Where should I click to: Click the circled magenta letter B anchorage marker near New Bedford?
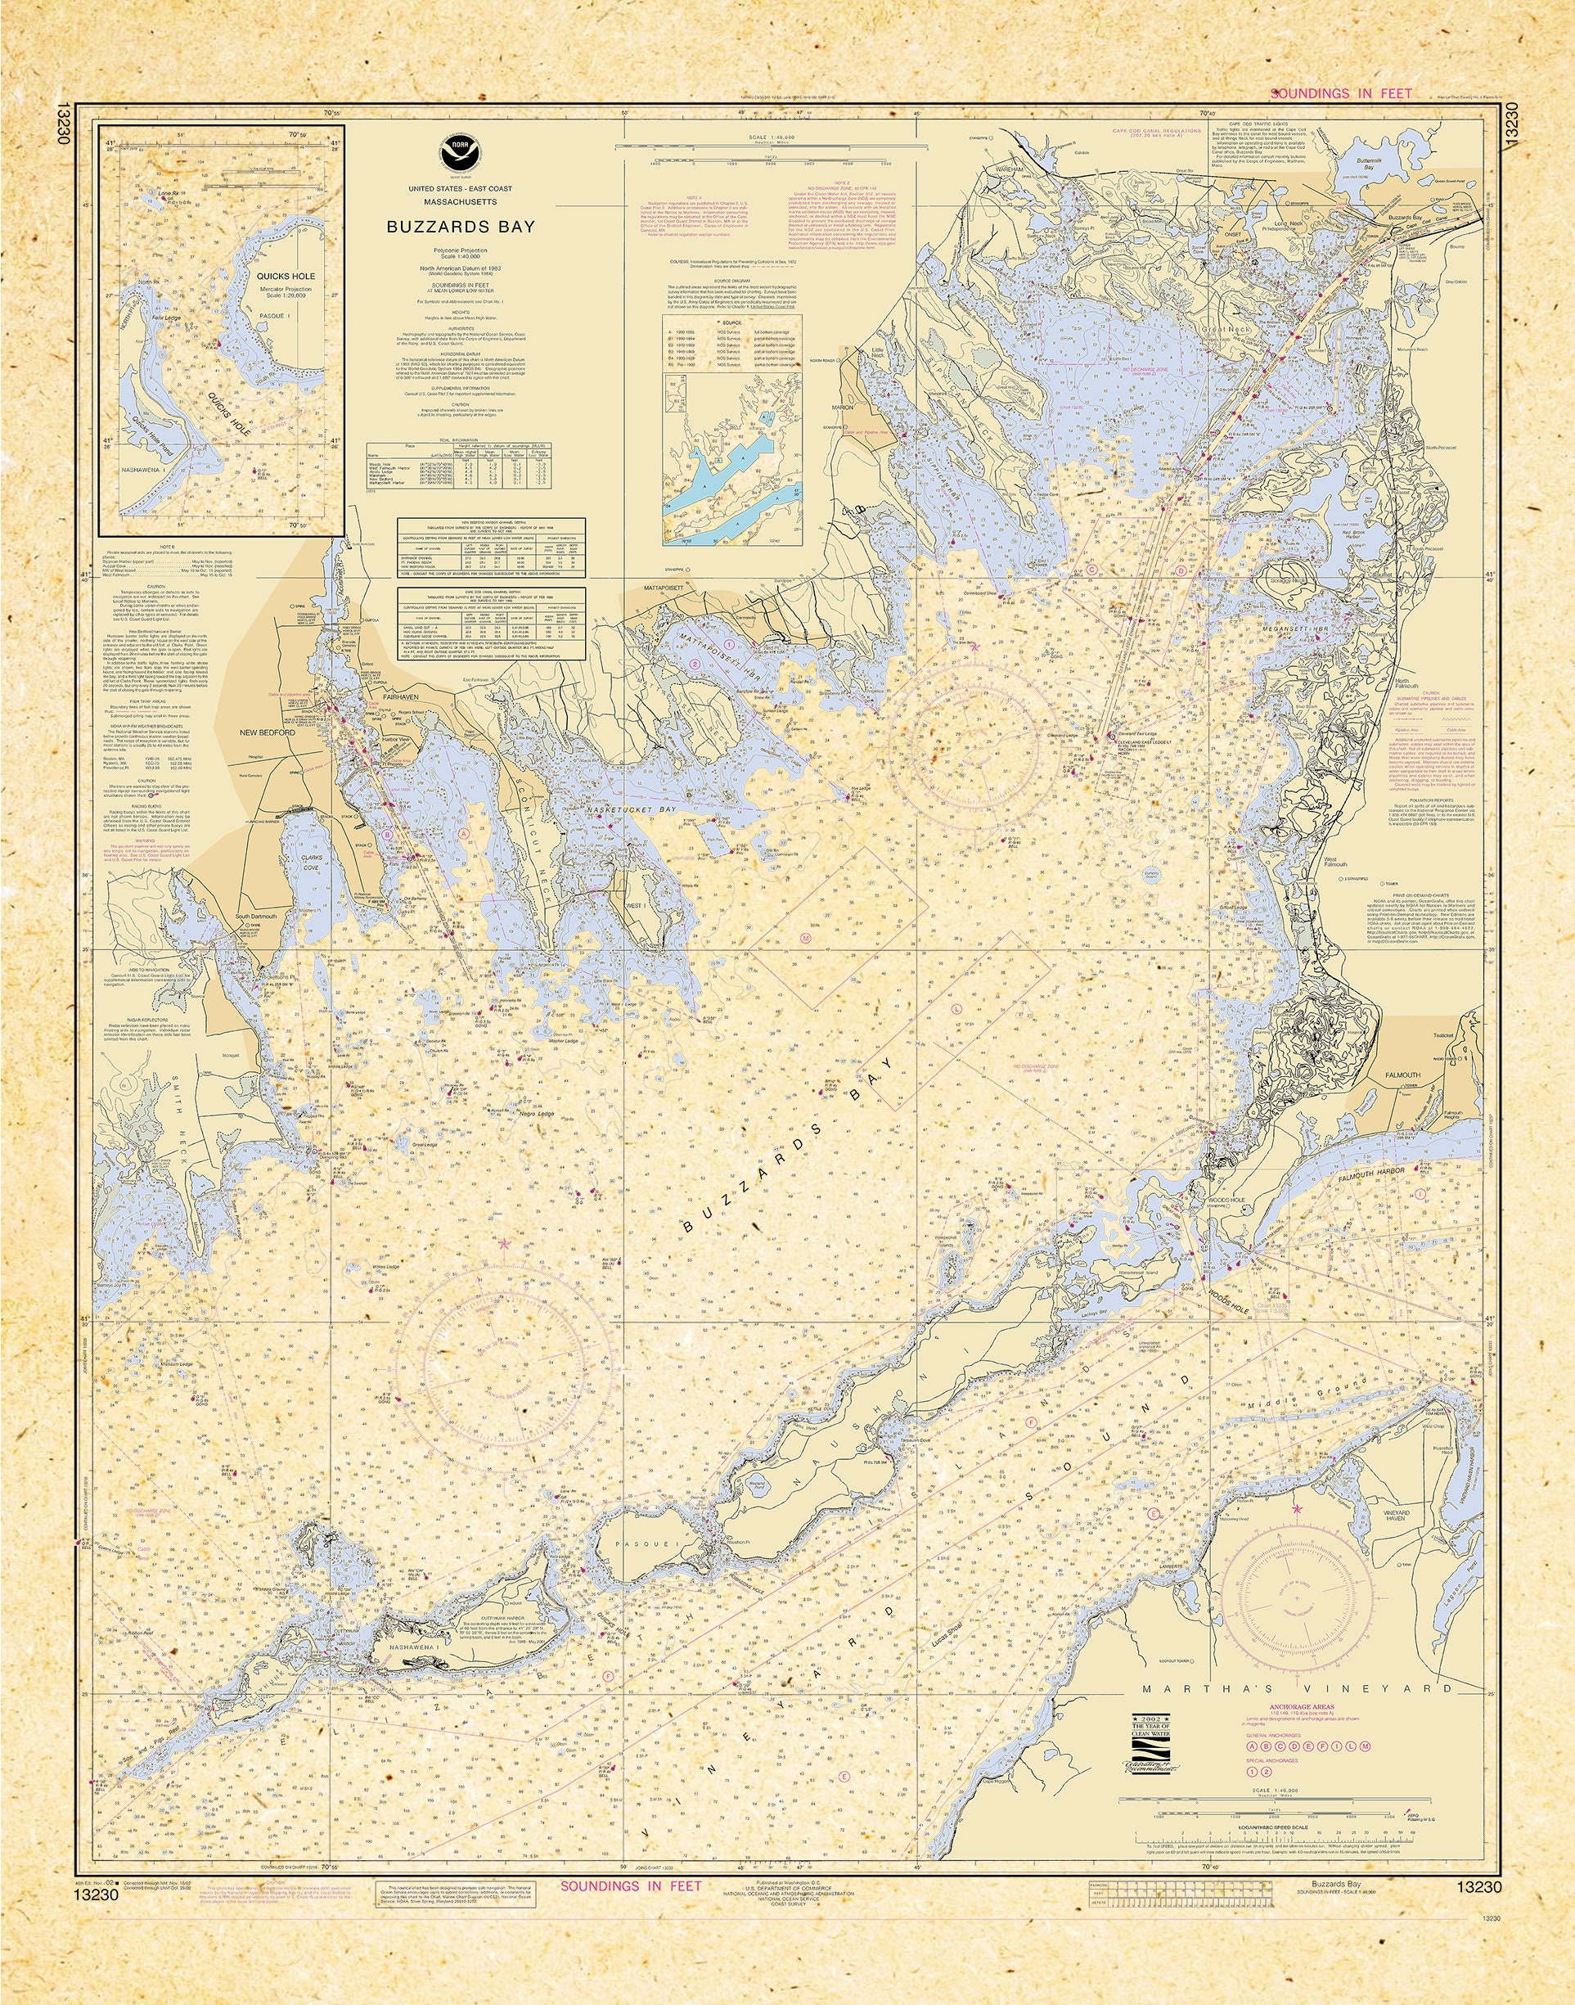click(x=388, y=834)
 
